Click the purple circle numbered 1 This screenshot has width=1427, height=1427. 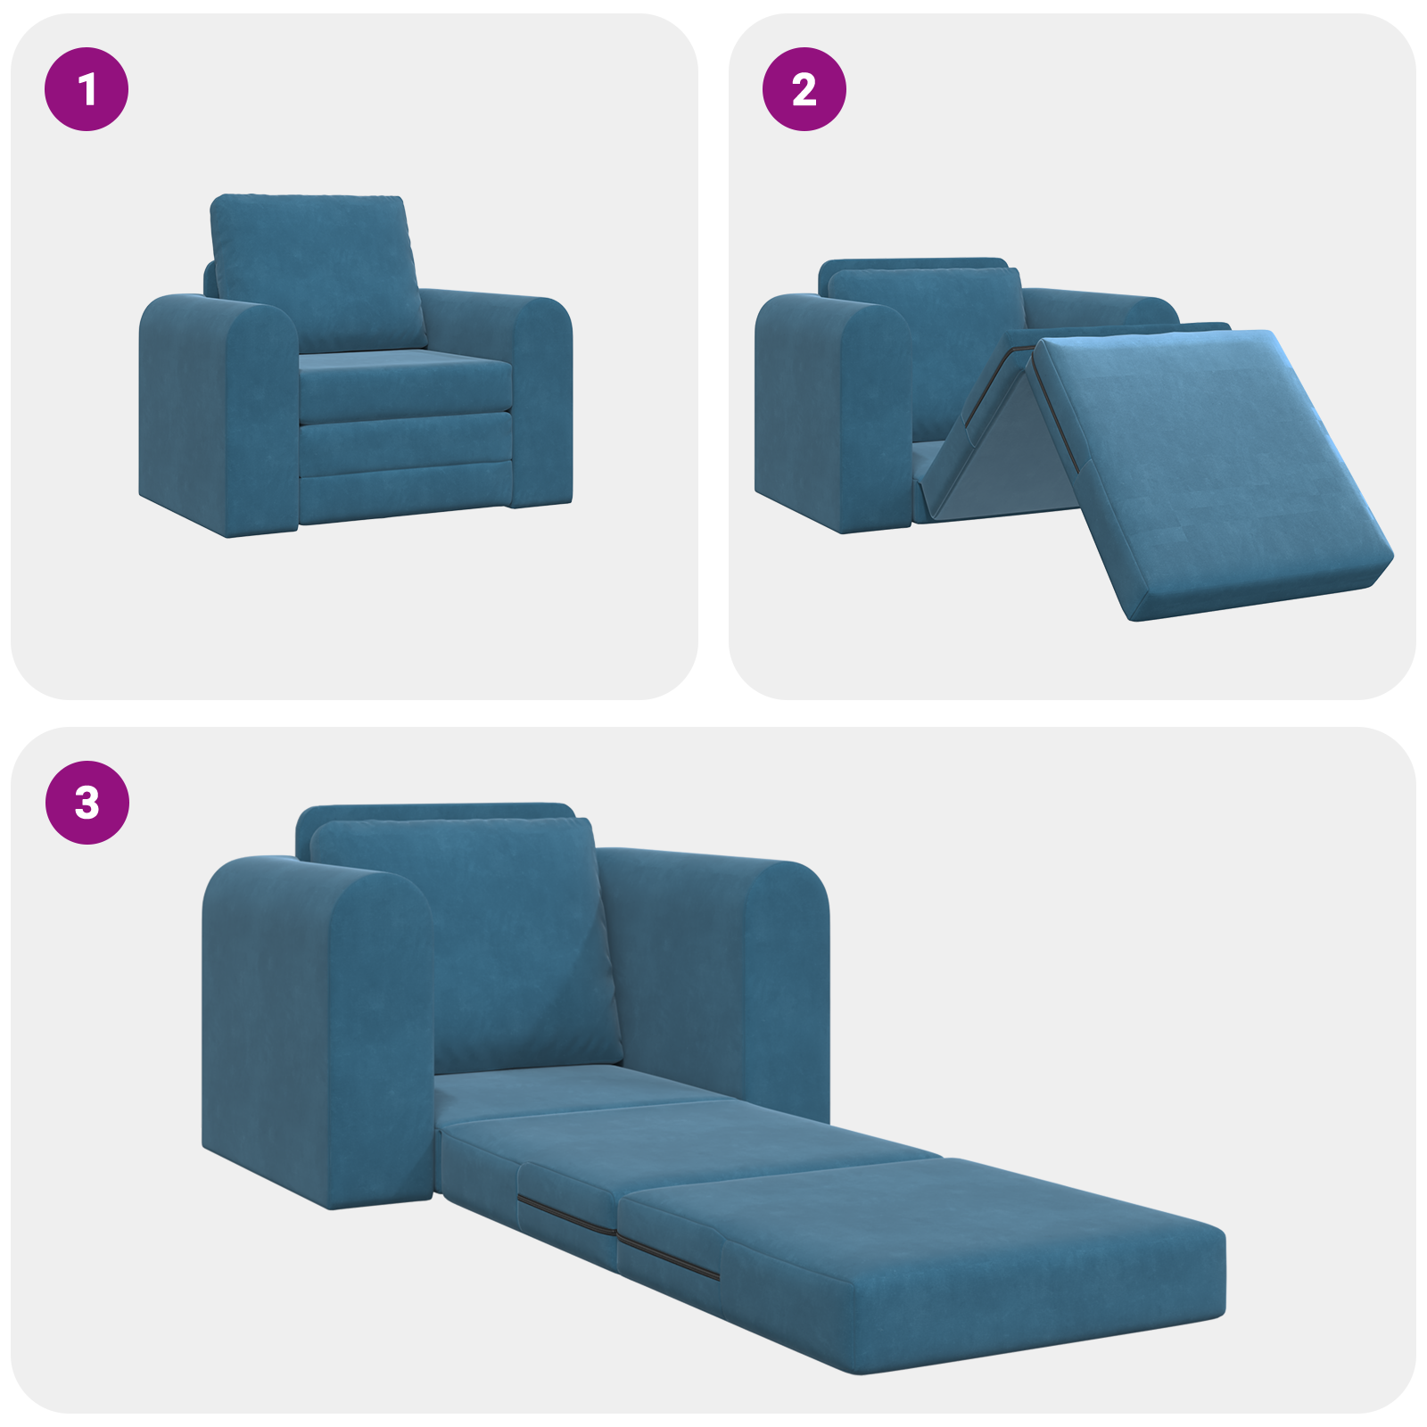(87, 89)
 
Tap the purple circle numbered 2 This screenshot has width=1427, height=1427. (804, 89)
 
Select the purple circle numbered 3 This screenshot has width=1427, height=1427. (87, 802)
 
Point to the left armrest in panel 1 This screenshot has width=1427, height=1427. (219, 415)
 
